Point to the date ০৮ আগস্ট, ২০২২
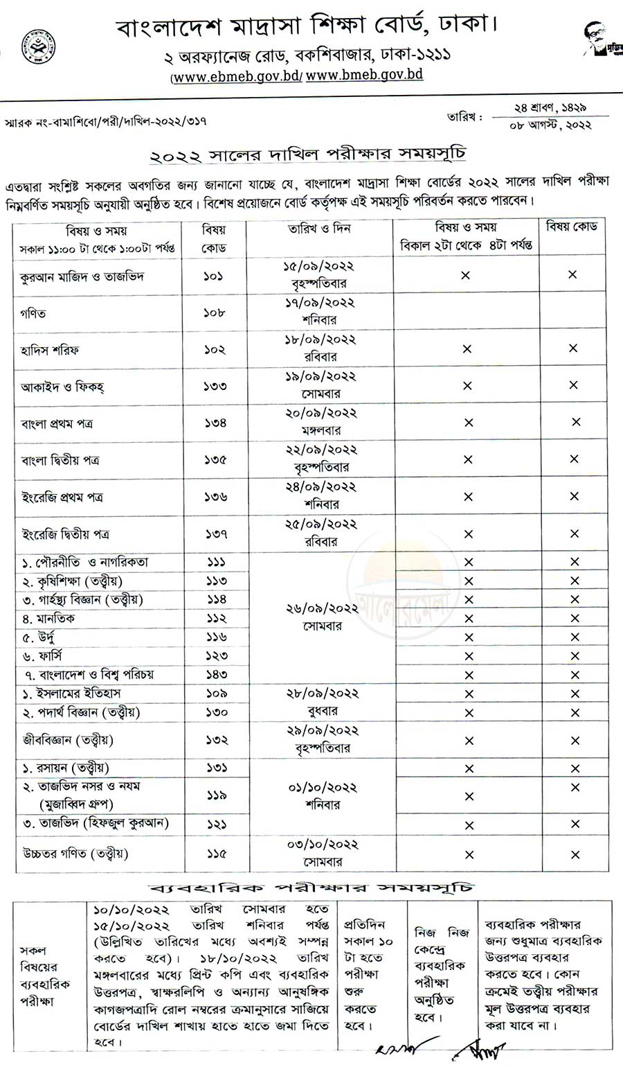[550, 125]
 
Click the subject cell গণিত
[33, 313]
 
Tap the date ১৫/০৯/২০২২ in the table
[319, 266]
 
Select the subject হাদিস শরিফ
[49, 350]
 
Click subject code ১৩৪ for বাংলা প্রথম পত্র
[215, 423]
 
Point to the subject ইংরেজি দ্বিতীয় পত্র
[65, 534]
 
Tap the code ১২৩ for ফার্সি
[216, 655]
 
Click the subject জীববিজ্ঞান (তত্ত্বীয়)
[68, 740]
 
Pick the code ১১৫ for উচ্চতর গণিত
[216, 854]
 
